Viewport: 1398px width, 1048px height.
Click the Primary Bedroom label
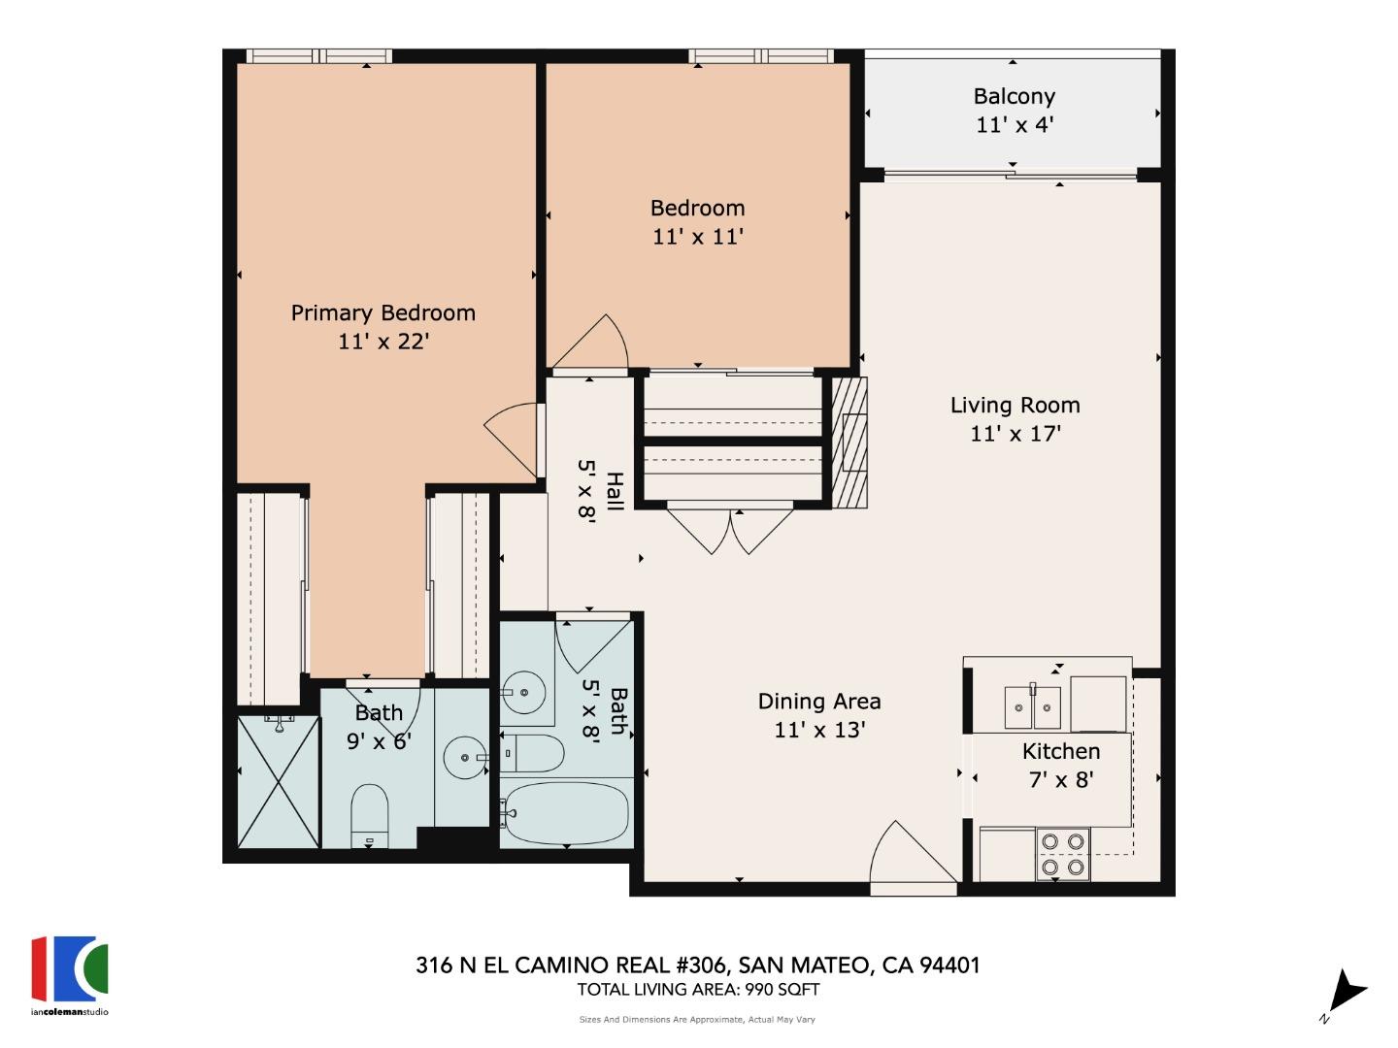tap(383, 313)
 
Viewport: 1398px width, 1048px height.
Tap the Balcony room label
tap(1014, 96)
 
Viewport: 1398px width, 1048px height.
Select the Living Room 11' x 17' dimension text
tap(1015, 434)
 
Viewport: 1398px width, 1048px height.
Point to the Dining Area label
tap(818, 702)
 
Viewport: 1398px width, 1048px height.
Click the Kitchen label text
tap(1060, 751)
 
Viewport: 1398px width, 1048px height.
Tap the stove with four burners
tap(1062, 854)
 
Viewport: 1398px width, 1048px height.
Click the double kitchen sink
tap(1032, 707)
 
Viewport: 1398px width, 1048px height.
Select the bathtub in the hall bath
tap(566, 813)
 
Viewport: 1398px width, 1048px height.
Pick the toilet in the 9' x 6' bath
tap(369, 815)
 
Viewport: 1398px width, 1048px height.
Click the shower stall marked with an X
tap(279, 782)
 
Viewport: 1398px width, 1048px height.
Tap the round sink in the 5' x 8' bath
tap(524, 692)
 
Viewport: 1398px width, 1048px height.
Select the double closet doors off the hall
tap(730, 530)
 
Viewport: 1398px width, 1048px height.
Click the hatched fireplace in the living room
tap(849, 442)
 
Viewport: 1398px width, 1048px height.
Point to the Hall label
tap(614, 491)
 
